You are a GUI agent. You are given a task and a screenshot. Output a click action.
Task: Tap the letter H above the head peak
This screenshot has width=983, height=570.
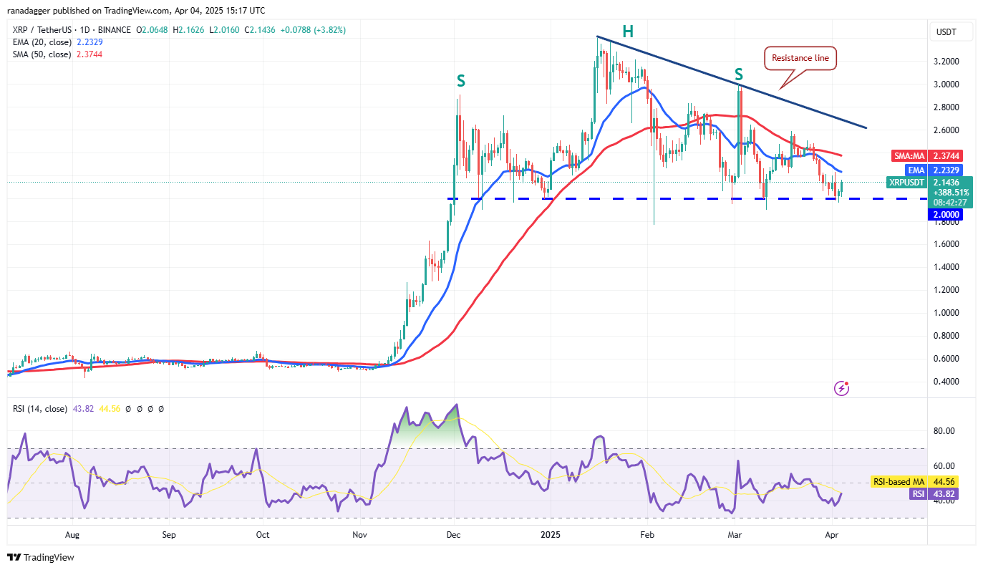(x=627, y=32)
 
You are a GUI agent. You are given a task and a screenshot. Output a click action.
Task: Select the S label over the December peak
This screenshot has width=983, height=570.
(x=461, y=82)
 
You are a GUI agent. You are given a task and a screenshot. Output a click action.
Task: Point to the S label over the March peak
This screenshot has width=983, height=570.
(x=738, y=74)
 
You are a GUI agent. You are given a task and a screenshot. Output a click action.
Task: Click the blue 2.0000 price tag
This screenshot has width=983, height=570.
(x=945, y=215)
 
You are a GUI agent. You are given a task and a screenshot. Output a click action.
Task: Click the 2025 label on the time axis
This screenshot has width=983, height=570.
(x=550, y=534)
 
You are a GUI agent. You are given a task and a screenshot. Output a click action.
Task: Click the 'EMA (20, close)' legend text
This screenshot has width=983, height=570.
(x=42, y=42)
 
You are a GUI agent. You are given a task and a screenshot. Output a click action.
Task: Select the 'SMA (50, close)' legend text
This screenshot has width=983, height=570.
(x=42, y=54)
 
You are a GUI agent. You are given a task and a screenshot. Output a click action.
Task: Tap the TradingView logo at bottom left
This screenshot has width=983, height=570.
(x=41, y=557)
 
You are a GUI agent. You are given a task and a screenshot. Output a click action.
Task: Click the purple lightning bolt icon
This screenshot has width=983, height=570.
(x=843, y=388)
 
